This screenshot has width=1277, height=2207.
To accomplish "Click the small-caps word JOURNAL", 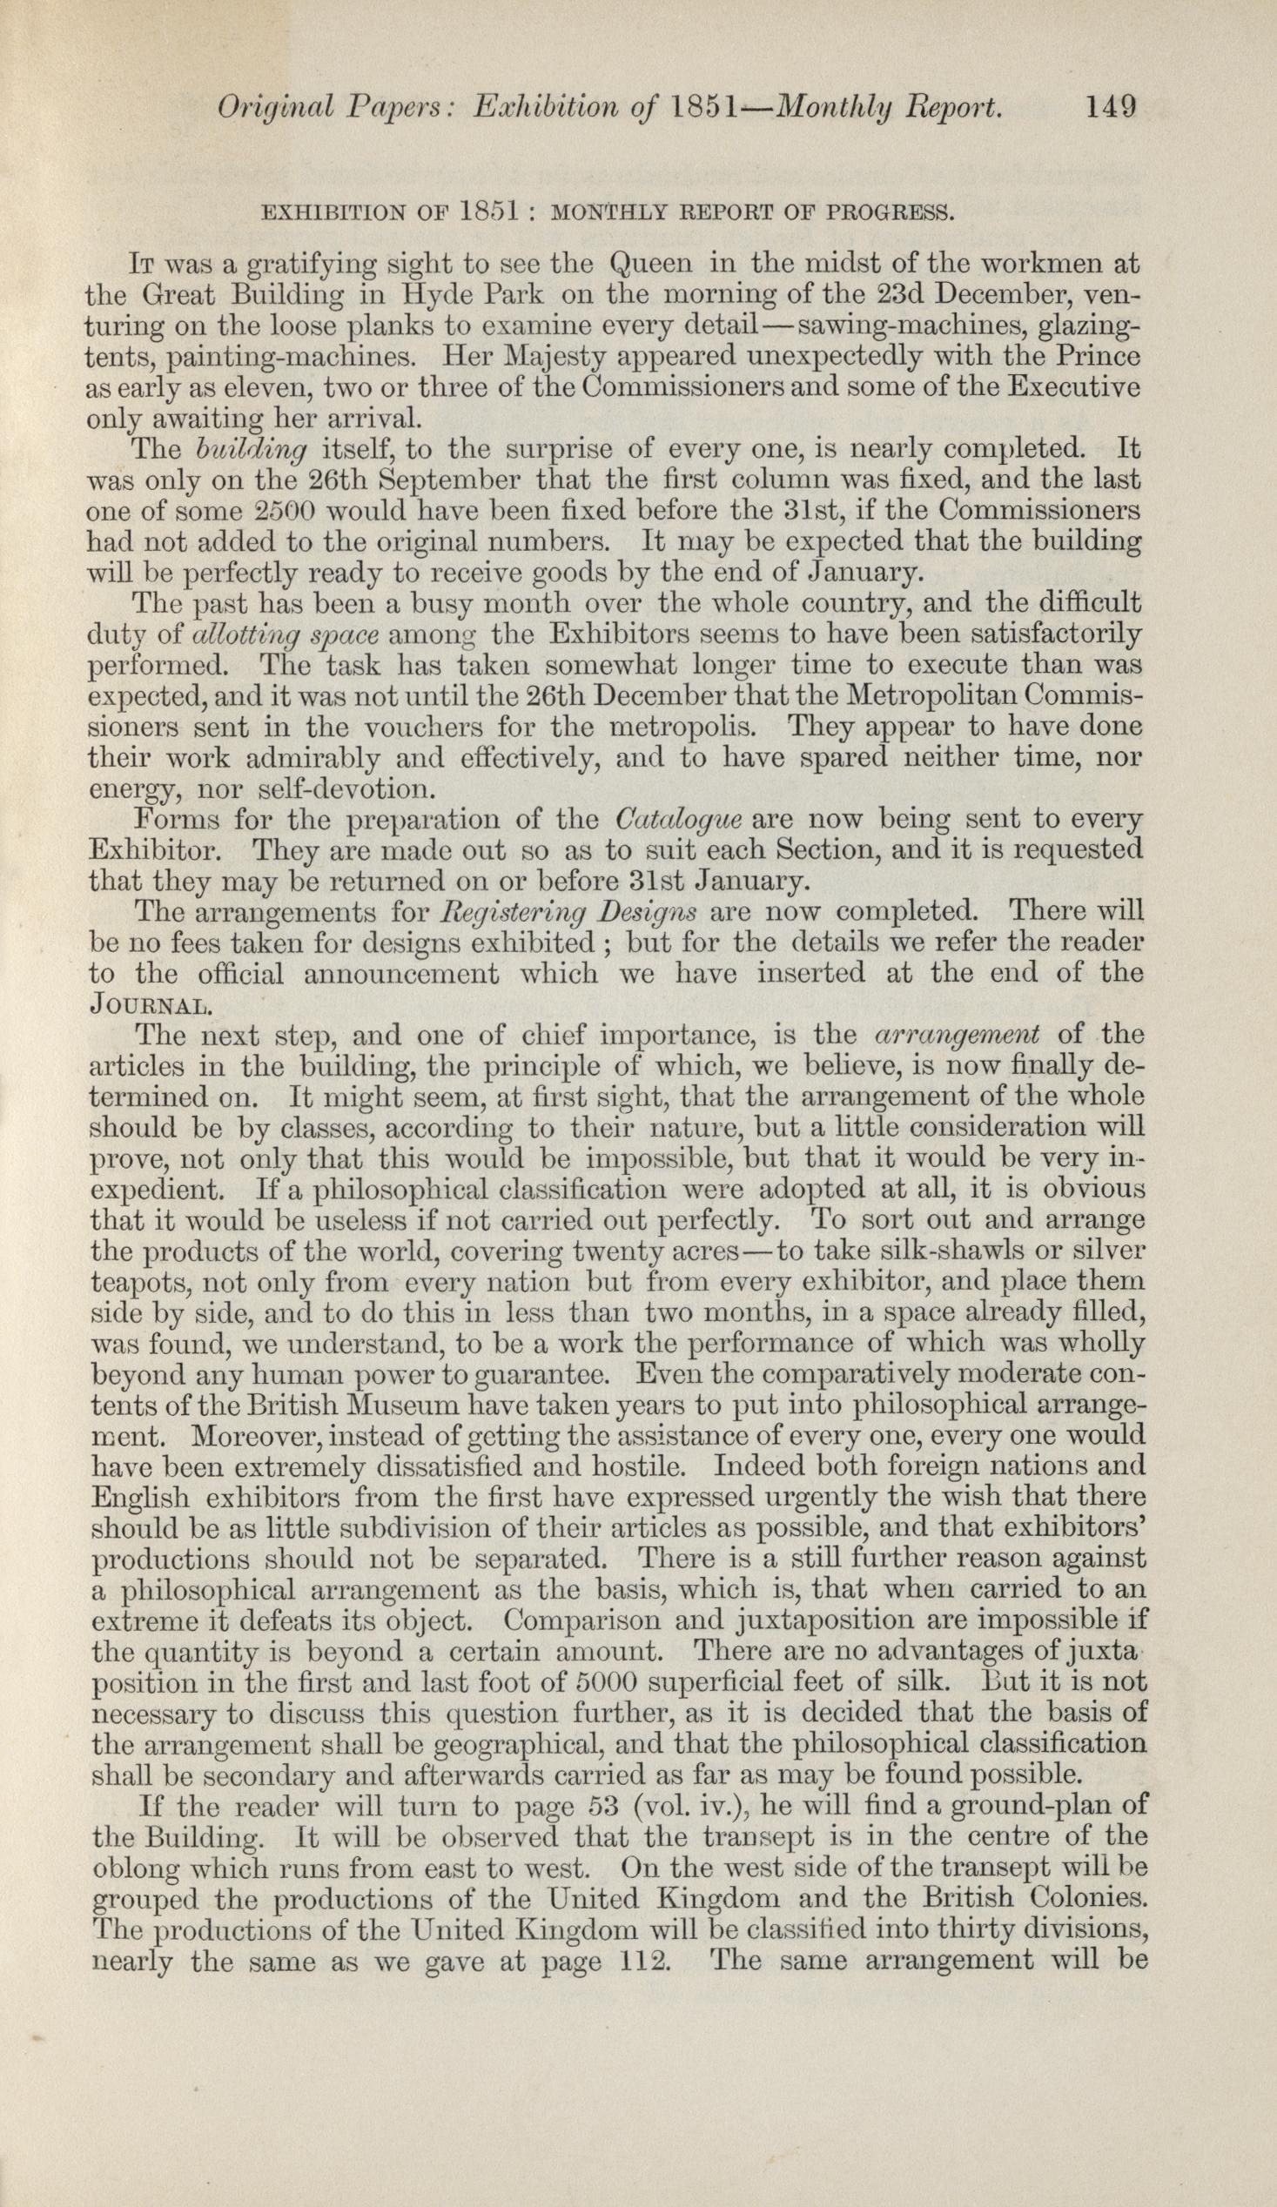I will (x=150, y=1003).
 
